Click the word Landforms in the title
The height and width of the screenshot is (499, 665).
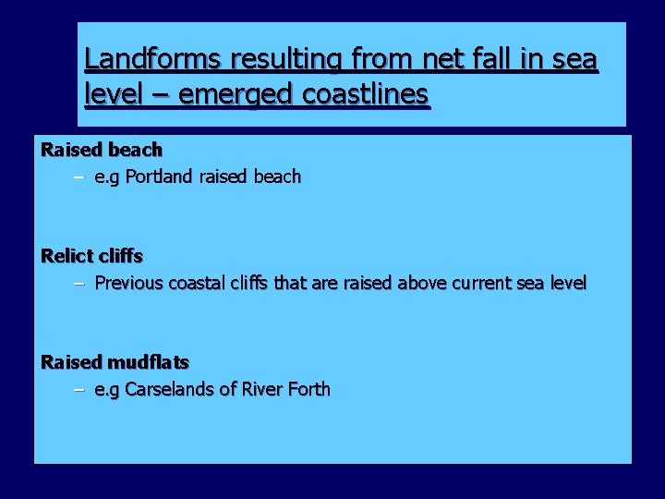click(x=151, y=60)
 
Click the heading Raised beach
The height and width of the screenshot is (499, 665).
click(x=102, y=150)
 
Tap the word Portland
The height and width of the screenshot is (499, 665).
click(x=158, y=176)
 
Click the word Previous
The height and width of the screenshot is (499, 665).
click(x=128, y=283)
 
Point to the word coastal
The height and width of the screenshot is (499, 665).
click(x=199, y=283)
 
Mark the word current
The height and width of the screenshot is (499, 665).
click(x=489, y=283)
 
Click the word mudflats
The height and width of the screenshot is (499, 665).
click(x=148, y=362)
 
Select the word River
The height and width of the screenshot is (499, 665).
click(x=262, y=389)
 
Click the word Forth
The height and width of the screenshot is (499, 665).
click(x=309, y=389)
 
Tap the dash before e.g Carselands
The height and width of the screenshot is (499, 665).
click(x=79, y=390)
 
